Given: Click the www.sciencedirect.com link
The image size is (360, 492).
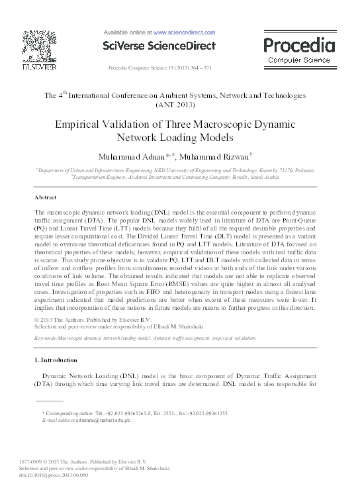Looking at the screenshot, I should (185, 32).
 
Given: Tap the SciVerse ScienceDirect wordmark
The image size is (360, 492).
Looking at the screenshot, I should (159, 46).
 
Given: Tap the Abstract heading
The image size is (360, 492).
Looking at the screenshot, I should (46, 198).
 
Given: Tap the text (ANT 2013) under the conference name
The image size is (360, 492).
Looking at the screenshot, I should (179, 105).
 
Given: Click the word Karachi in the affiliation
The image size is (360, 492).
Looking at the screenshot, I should (242, 170).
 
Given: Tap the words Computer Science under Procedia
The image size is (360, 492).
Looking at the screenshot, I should (299, 60).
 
